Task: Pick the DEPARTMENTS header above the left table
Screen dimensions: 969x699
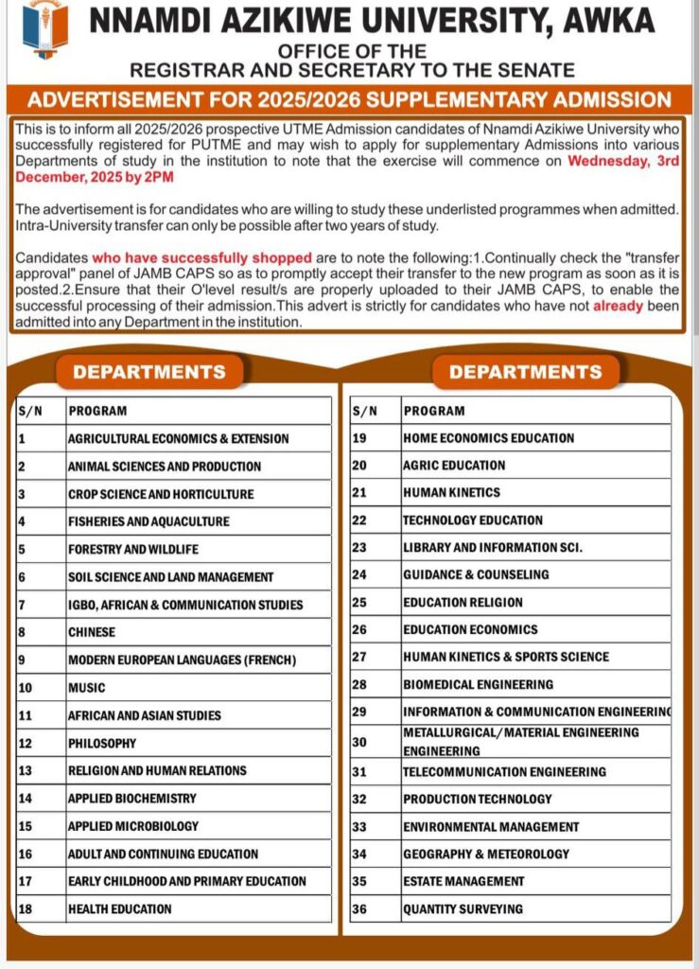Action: (x=149, y=372)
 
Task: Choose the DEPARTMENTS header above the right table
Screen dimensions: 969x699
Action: (x=525, y=372)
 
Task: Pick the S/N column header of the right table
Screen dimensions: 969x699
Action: (x=364, y=411)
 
